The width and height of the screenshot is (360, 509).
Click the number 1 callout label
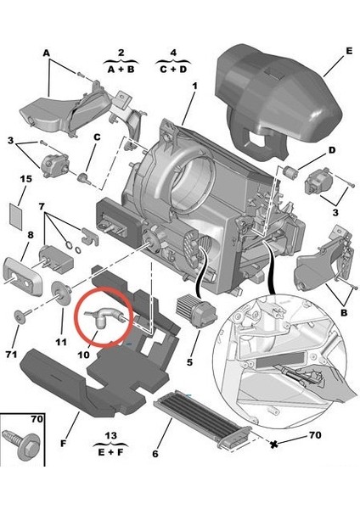tap(194, 86)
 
